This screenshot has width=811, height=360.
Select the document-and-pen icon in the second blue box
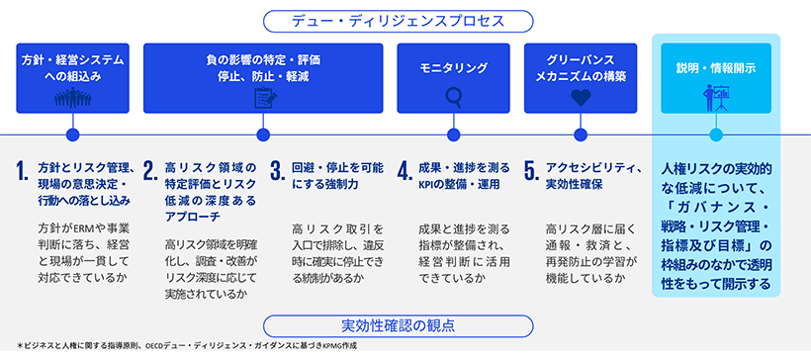[263, 98]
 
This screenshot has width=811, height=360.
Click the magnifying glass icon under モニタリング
[454, 98]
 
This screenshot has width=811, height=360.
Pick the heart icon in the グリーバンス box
[581, 98]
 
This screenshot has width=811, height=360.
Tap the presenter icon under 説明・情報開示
[715, 98]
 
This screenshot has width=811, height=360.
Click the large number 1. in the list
[22, 173]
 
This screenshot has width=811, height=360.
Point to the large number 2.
[150, 173]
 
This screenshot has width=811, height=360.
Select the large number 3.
[278, 173]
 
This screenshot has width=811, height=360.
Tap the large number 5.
[531, 173]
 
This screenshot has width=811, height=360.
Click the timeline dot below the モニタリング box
[454, 135]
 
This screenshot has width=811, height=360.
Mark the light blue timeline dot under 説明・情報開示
[715, 135]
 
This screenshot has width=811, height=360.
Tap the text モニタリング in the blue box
[454, 68]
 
